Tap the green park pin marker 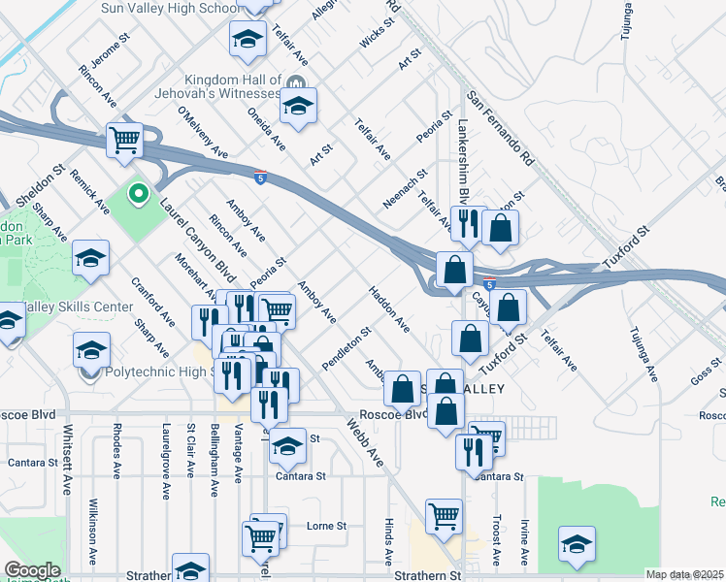[138, 194]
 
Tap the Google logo [32, 570]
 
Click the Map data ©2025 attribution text [685, 574]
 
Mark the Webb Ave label [366, 443]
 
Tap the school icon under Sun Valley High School [247, 40]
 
